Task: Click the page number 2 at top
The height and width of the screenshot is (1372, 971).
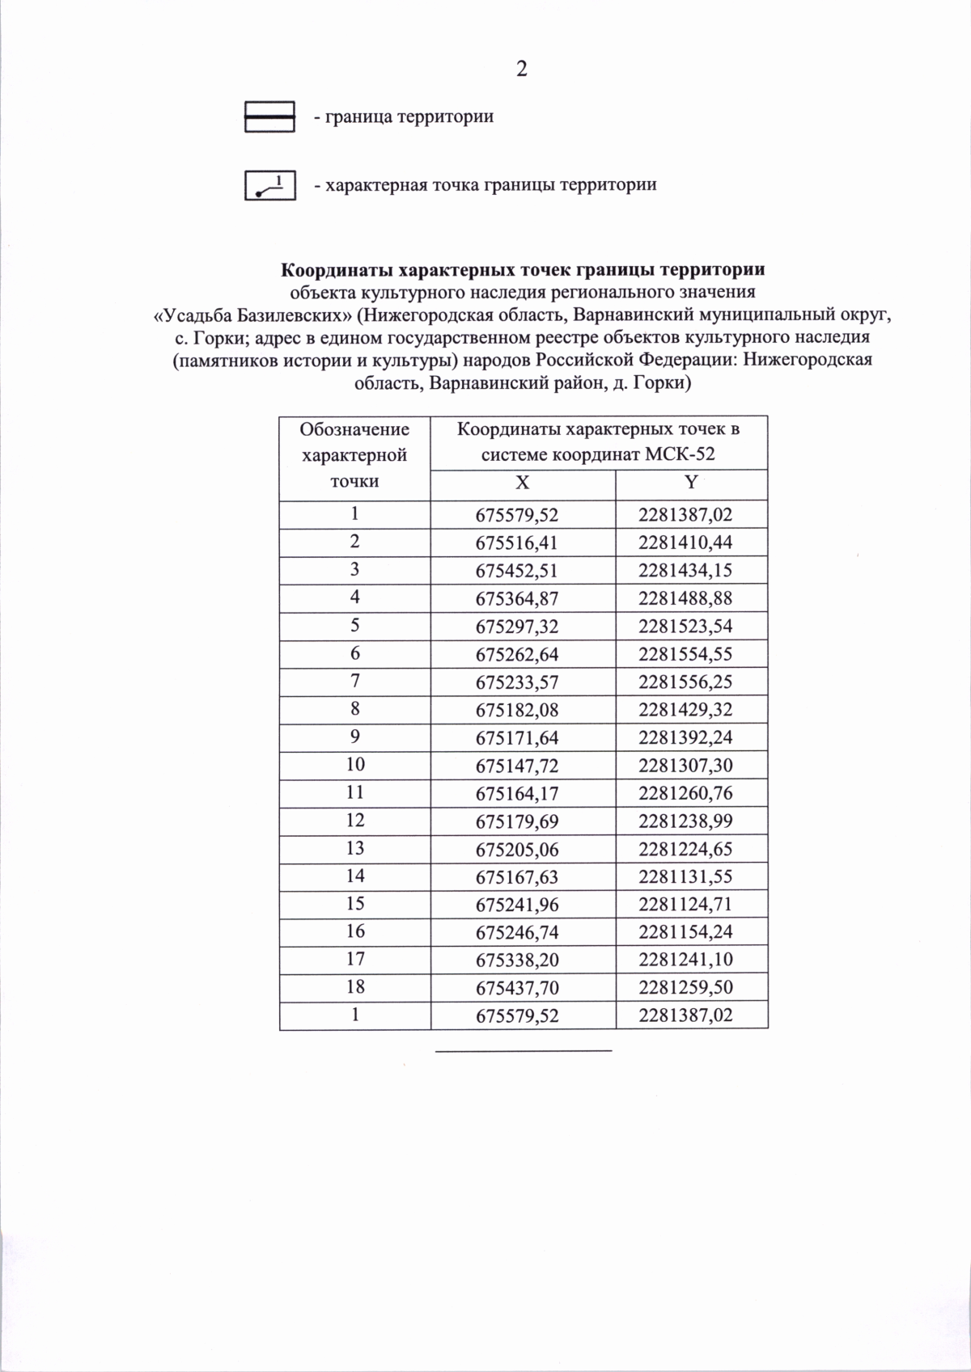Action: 521,70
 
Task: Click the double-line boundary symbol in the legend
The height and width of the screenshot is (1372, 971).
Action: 269,117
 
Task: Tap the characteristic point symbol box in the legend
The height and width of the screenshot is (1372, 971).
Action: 269,185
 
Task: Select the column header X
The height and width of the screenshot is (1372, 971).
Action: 523,483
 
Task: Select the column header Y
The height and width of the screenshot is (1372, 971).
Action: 690,483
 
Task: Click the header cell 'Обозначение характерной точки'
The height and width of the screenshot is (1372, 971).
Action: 354,455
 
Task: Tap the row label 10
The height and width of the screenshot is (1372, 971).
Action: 354,764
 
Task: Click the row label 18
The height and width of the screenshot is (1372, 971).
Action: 354,986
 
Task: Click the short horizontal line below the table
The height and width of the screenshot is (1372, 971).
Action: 524,1050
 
